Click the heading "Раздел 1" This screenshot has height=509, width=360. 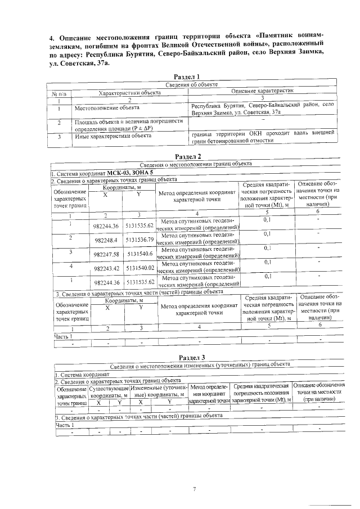click(187, 77)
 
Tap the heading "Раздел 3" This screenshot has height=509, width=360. click(187, 358)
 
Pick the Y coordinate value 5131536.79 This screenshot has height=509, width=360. click(140, 240)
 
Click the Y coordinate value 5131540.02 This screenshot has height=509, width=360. click(140, 268)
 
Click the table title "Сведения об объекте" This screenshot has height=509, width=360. click(187, 84)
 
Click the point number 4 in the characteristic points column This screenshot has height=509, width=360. click(70, 265)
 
